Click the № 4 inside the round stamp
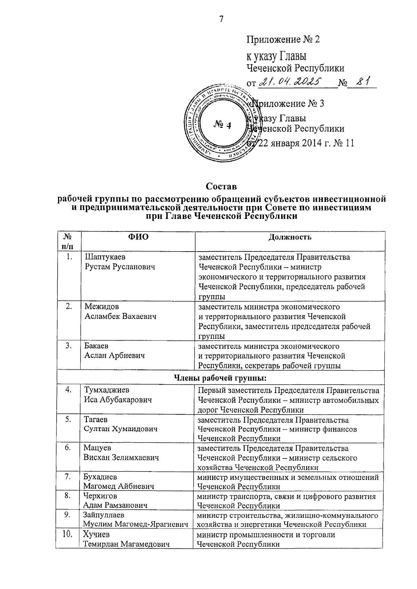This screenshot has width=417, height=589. coord(221,125)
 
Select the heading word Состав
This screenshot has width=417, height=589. coord(221,186)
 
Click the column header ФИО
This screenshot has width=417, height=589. coord(138,237)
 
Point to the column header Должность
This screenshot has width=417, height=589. coord(290,237)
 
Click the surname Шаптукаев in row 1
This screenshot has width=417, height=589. coord(105,257)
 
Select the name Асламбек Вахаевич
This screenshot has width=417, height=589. coord(120,317)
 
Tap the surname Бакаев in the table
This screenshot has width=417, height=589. coord(96,346)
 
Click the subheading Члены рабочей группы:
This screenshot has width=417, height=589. coord(220,378)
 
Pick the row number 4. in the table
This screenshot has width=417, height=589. coord(68,390)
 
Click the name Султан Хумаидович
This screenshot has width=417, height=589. coord(120,429)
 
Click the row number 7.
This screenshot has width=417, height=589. coord(68,477)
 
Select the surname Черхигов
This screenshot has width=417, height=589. coord(100,496)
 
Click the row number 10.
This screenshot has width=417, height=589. coord(67,534)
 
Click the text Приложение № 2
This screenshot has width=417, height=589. coord(283,39)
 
